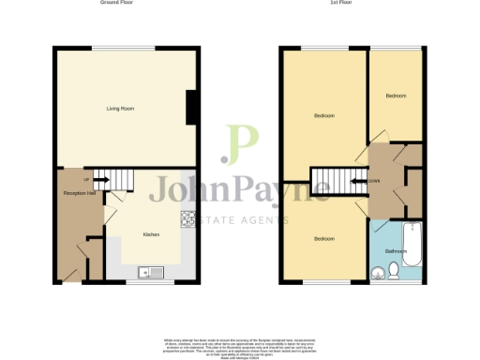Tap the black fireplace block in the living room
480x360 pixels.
coord(191,107)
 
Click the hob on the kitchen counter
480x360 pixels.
coord(187,220)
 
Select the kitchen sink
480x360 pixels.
coord(151,272)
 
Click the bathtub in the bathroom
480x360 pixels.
coord(413,246)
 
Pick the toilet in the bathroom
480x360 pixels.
coord(394,271)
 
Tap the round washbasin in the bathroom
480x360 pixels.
coord(378,273)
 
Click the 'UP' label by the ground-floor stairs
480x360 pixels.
coord(86,180)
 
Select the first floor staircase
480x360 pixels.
coord(330,178)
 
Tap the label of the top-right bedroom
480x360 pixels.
coord(397,96)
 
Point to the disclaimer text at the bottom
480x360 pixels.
coord(240,345)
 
